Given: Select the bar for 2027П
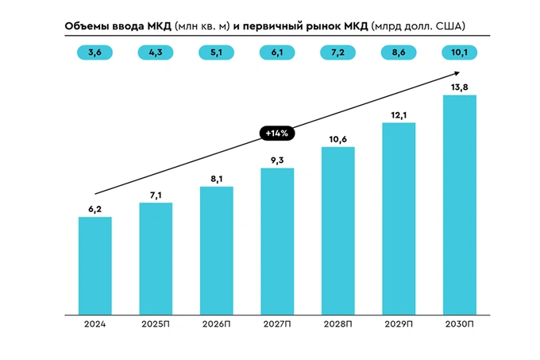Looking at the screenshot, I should tap(277, 239).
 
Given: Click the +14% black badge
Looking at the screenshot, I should tap(277, 133).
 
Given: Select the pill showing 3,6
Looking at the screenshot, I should tap(94, 52).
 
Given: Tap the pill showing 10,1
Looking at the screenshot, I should tap(459, 52).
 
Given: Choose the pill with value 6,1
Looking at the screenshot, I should tap(277, 52).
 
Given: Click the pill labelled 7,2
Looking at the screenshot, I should tap(337, 52).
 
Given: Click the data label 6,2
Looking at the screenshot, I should tap(94, 207).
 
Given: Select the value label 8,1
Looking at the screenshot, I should tap(216, 177).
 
